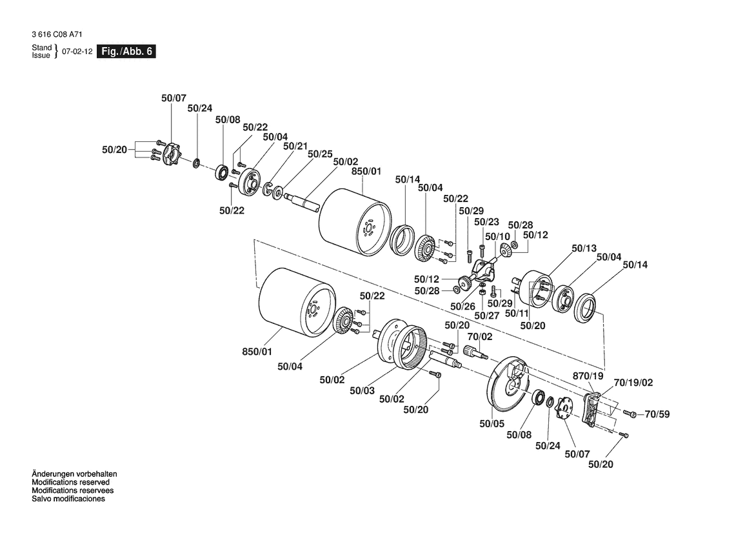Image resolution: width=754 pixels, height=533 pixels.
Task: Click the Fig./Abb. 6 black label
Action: coord(126,52)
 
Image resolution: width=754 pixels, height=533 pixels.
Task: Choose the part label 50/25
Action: coord(320,154)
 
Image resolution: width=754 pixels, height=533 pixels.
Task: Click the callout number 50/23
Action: coord(487,221)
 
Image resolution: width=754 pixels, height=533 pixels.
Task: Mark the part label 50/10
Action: coord(497,237)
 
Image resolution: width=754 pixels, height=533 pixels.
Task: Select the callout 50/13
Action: coord(584,248)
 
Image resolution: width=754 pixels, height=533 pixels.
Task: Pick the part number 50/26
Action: coord(463,306)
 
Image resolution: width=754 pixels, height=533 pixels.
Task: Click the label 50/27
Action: coord(487,315)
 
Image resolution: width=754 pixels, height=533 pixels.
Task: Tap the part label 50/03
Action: coord(362,390)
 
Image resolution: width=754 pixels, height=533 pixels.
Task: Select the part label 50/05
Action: coord(492,424)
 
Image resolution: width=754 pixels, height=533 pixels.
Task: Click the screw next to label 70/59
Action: coord(631,414)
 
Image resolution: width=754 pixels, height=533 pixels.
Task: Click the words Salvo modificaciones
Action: coord(68,499)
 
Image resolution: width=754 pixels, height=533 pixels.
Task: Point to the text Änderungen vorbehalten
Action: coord(74,474)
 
